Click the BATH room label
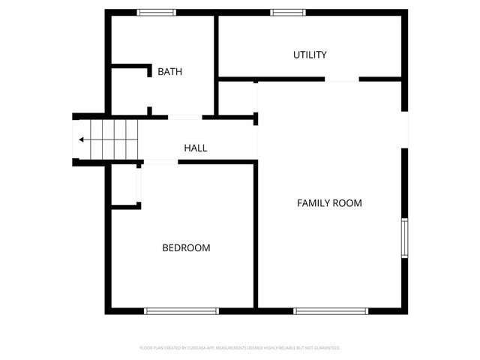[169, 72]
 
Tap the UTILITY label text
[310, 55]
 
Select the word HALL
[196, 148]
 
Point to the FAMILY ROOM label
[329, 203]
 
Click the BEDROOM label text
[186, 247]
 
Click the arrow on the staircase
[82, 139]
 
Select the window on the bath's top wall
[157, 12]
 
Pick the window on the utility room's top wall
[288, 12]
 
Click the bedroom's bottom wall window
[181, 310]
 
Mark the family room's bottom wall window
[331, 310]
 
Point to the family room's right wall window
[404, 238]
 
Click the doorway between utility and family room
[341, 79]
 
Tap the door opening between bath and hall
[184, 117]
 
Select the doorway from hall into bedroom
[160, 162]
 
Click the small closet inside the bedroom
[124, 184]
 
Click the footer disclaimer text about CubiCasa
[240, 348]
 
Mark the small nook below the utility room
[237, 97]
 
